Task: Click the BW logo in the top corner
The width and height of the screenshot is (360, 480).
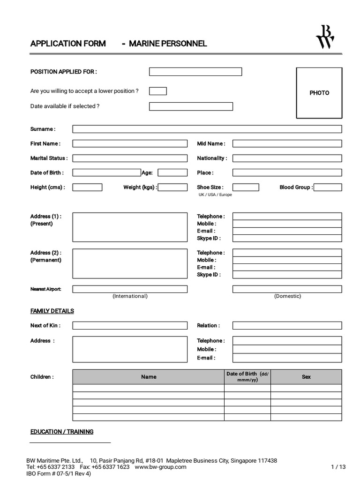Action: click(325, 37)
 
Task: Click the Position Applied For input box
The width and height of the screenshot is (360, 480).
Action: click(195, 72)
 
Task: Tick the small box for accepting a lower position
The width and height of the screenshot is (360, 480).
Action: click(158, 91)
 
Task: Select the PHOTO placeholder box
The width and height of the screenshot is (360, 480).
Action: click(319, 93)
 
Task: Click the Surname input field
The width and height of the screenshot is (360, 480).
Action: click(207, 129)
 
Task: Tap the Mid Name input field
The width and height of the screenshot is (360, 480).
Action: click(287, 143)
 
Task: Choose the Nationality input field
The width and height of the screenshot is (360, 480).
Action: click(287, 158)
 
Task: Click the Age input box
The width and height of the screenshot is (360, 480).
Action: click(172, 172)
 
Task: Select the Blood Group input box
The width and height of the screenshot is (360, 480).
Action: click(328, 187)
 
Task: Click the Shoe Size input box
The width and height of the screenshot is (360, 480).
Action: click(246, 187)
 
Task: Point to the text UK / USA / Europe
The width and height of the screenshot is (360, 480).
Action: click(215, 195)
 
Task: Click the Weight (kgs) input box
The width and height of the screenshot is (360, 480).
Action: click(172, 187)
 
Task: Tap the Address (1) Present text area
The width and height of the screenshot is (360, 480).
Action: click(130, 227)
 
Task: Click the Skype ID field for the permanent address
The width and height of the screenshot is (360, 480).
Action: click(287, 275)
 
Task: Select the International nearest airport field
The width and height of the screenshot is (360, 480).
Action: click(130, 289)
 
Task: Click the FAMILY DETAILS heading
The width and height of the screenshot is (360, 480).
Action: click(52, 311)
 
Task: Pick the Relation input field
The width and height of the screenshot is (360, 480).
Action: click(287, 325)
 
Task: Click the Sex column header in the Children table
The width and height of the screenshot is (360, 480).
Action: click(306, 377)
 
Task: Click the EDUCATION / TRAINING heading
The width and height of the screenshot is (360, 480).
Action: click(62, 432)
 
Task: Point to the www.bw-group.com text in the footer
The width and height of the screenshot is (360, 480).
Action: click(161, 467)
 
